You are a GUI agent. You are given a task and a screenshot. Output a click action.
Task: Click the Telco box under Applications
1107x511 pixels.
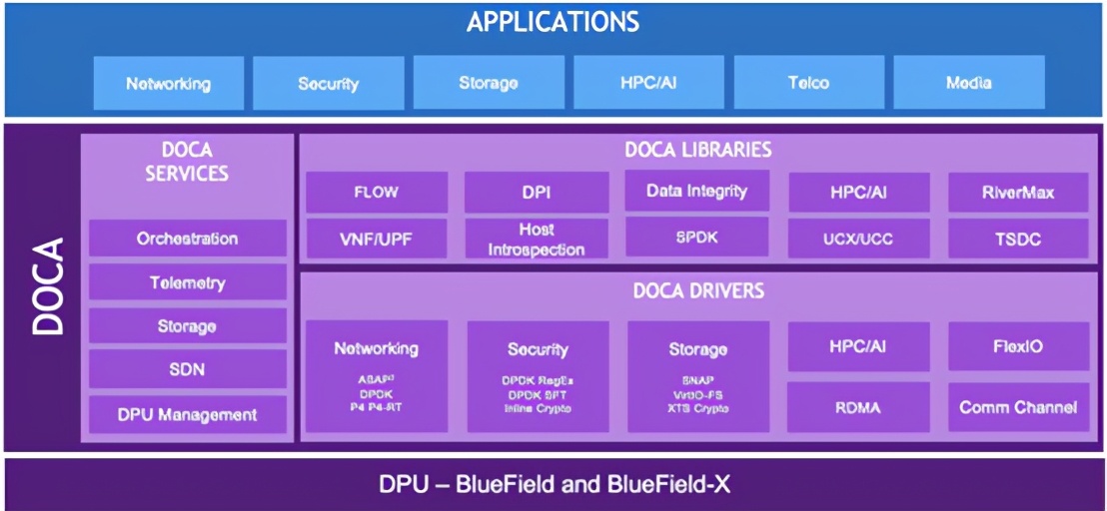[x=808, y=83]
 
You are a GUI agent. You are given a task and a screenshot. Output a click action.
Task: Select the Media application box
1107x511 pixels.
[x=968, y=83]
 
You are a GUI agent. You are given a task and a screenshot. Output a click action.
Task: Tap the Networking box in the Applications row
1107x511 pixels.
[x=168, y=83]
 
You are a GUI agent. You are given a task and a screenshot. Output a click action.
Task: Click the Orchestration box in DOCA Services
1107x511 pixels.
[x=187, y=239]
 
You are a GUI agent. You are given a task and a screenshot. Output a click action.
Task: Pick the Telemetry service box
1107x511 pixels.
[x=187, y=282]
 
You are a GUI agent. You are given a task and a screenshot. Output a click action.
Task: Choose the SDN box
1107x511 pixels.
[x=187, y=369]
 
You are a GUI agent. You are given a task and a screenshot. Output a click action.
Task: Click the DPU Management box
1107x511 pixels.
[x=187, y=414]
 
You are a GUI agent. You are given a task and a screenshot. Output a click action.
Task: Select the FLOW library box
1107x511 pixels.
[x=376, y=193]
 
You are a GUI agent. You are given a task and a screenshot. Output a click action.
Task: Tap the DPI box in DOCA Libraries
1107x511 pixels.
[x=537, y=193]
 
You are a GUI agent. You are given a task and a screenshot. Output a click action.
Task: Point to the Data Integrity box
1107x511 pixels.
[x=696, y=191]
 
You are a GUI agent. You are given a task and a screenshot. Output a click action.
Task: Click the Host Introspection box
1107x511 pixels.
[x=537, y=240]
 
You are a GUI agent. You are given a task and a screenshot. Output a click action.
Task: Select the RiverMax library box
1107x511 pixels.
[x=1017, y=193]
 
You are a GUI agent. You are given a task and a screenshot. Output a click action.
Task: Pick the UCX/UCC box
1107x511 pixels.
[x=858, y=240]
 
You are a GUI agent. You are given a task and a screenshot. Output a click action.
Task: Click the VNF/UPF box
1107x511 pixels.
[x=376, y=240]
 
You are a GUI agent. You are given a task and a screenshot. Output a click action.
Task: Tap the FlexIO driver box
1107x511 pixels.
[x=1017, y=346]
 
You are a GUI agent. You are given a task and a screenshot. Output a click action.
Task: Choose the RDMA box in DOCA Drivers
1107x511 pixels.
[x=858, y=406]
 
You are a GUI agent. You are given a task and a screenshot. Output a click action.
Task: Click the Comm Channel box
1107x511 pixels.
[x=1017, y=406]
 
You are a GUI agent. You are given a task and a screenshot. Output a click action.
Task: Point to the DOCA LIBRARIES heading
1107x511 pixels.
[x=697, y=150]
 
